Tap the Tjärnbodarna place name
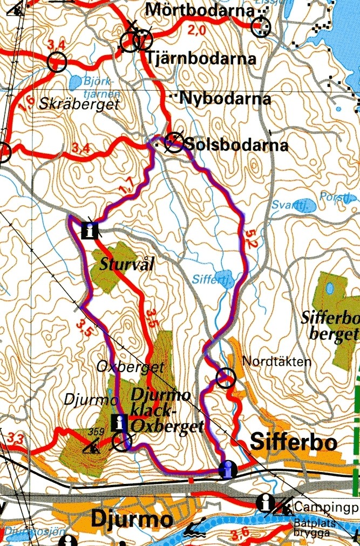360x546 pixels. [x=201, y=58]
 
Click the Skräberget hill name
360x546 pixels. [x=79, y=105]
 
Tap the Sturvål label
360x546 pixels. [x=127, y=265]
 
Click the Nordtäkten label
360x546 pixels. [x=277, y=361]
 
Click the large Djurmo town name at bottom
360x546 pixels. [x=132, y=520]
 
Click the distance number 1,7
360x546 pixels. [x=128, y=187]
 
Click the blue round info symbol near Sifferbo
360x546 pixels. [x=228, y=469]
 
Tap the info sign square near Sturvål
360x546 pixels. [x=90, y=231]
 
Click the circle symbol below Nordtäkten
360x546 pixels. [x=225, y=379]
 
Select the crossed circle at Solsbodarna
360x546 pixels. [x=174, y=141]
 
